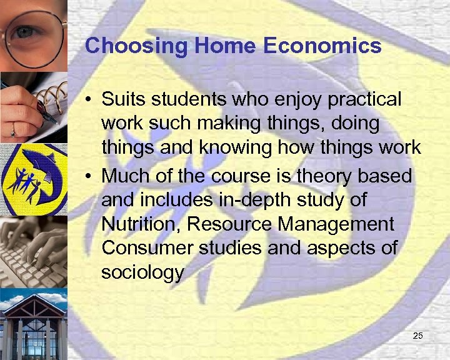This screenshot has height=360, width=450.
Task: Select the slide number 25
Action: (418, 337)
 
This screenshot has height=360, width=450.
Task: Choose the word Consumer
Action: (147, 248)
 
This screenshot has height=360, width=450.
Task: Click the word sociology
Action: (142, 272)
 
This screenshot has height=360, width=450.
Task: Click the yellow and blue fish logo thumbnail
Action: (32, 179)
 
